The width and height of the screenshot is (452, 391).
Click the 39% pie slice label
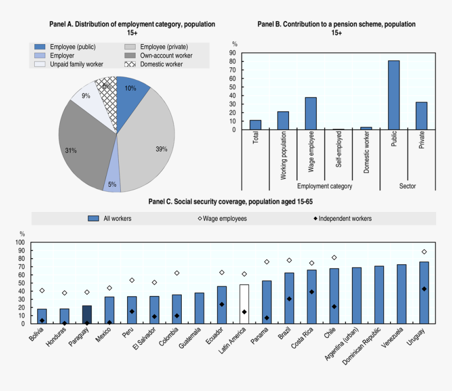161,149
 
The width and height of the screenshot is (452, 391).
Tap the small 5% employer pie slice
112,182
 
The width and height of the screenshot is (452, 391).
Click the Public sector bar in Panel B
394,95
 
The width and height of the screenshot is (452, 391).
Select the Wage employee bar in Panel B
311,113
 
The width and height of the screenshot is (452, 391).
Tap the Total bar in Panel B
255,125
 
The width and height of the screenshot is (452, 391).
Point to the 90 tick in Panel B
232,53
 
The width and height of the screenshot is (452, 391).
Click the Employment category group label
324,186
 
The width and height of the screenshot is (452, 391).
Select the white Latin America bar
244,304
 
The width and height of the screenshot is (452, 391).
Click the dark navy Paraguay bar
87,314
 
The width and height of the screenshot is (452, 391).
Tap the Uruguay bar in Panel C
424,293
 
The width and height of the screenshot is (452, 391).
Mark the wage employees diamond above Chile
334,258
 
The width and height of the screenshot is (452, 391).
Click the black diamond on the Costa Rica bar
312,292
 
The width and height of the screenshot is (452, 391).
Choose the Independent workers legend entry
341,219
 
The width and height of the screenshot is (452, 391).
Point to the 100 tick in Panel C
20,243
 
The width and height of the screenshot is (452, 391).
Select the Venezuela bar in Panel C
401,294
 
